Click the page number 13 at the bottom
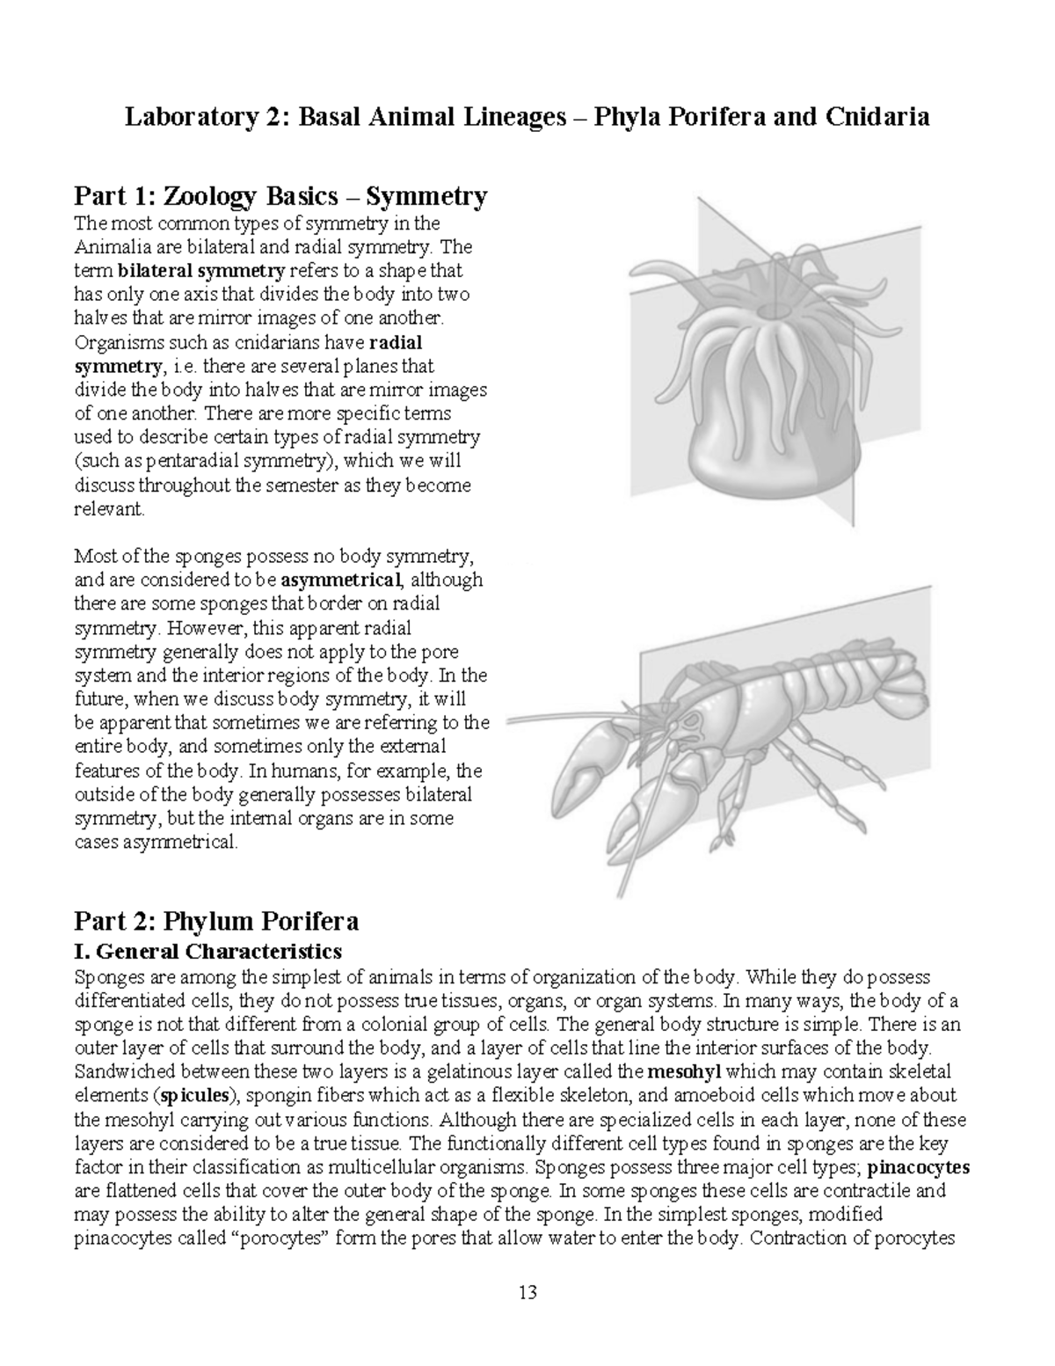(527, 1292)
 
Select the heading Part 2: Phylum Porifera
(216, 921)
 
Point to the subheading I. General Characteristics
(207, 951)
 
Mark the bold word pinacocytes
(918, 1167)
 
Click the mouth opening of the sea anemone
(774, 310)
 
